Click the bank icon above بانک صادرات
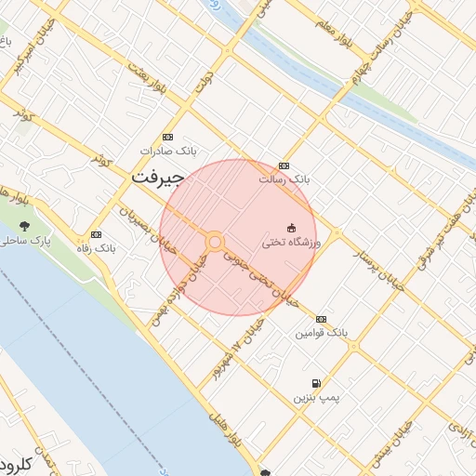[x=166, y=137]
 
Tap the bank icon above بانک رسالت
[x=284, y=165]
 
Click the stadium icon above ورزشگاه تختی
[x=291, y=228]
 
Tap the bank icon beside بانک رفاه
[x=96, y=235]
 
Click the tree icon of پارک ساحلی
[x=24, y=226]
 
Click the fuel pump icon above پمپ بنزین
[x=316, y=383]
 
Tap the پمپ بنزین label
[x=313, y=397]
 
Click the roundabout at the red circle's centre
[x=215, y=243]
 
